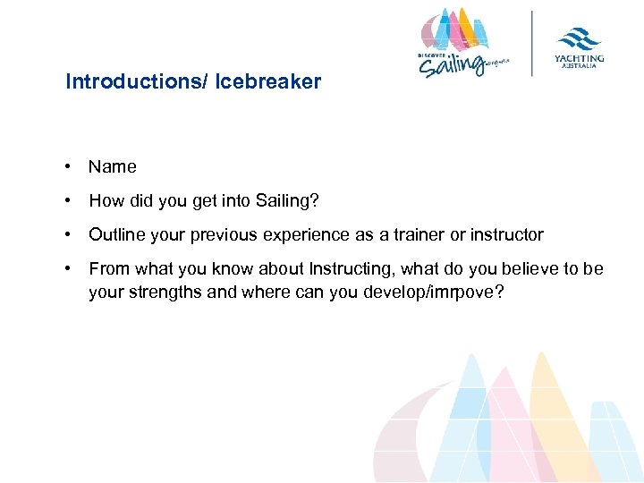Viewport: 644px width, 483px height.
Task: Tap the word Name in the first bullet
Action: pyautogui.click(x=113, y=166)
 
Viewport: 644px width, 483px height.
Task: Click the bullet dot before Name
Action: pyautogui.click(x=68, y=166)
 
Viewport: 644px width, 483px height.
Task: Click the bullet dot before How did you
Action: pyautogui.click(x=68, y=200)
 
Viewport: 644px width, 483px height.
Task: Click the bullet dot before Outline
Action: pyautogui.click(x=68, y=235)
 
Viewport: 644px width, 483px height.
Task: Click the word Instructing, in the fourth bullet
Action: pyautogui.click(x=352, y=269)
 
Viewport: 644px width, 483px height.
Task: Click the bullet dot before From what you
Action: pyautogui.click(x=68, y=269)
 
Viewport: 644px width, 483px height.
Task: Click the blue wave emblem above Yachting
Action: pyautogui.click(x=580, y=38)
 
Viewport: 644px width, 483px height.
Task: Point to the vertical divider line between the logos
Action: pyautogui.click(x=533, y=43)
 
